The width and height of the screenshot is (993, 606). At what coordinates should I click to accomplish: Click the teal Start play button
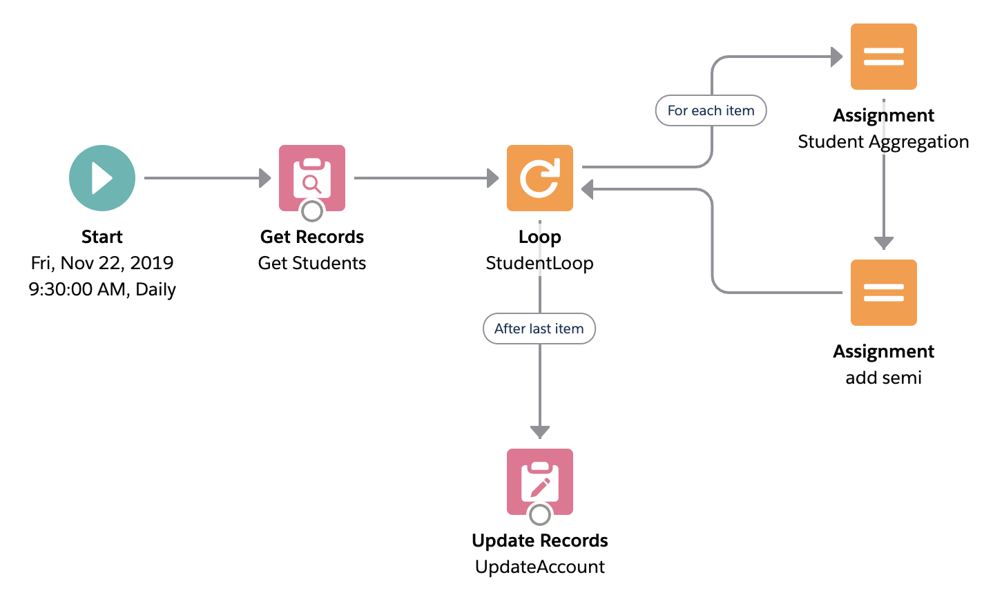pyautogui.click(x=102, y=178)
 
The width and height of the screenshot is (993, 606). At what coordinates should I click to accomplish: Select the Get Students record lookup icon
pyautogui.click(x=312, y=178)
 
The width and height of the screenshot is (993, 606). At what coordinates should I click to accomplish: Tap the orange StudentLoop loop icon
pyautogui.click(x=540, y=178)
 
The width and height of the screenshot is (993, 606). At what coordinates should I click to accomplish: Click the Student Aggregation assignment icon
pyautogui.click(x=883, y=57)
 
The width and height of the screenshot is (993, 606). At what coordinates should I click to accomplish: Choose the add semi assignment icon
pyautogui.click(x=883, y=293)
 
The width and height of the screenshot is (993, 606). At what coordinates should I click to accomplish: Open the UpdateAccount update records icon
pyautogui.click(x=540, y=482)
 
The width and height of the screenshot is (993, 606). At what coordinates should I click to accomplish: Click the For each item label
pyautogui.click(x=711, y=110)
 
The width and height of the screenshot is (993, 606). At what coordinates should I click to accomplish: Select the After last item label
pyautogui.click(x=539, y=329)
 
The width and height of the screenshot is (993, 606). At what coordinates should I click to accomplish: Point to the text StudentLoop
pyautogui.click(x=539, y=263)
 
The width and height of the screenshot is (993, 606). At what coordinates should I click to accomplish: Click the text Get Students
pyautogui.click(x=312, y=263)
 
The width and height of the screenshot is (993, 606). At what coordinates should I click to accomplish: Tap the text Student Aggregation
pyautogui.click(x=883, y=142)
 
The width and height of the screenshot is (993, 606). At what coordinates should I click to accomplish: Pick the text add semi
pyautogui.click(x=883, y=378)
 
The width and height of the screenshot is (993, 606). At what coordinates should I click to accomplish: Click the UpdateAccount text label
pyautogui.click(x=540, y=567)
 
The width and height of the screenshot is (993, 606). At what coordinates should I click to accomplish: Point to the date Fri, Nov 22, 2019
pyautogui.click(x=102, y=263)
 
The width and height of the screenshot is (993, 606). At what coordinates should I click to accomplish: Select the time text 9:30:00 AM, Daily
pyautogui.click(x=102, y=289)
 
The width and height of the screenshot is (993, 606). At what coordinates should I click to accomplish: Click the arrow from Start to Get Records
pyautogui.click(x=207, y=178)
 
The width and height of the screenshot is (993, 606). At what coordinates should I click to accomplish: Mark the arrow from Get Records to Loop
pyautogui.click(x=427, y=178)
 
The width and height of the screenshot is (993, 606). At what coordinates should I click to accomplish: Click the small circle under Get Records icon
pyautogui.click(x=312, y=211)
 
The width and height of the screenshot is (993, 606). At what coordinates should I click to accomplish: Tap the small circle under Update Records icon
pyautogui.click(x=540, y=515)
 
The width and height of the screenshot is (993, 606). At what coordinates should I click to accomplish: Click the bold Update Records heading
pyautogui.click(x=540, y=541)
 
